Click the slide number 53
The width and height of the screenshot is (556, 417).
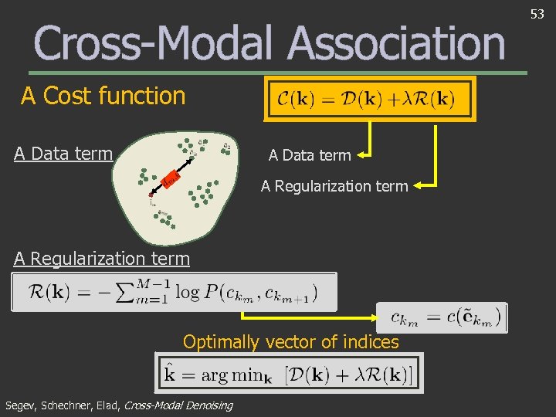(x=538, y=13)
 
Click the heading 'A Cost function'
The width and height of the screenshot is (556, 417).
(x=103, y=97)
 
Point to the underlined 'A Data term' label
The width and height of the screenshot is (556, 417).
(x=63, y=154)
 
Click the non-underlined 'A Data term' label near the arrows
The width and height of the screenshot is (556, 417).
(x=309, y=155)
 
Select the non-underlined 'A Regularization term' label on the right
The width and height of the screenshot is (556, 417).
(x=334, y=185)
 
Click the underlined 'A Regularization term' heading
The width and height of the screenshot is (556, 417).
(x=102, y=259)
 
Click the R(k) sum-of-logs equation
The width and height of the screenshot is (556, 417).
(x=174, y=292)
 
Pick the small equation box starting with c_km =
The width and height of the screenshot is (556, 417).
(x=441, y=317)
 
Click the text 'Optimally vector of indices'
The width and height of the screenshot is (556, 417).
(x=290, y=341)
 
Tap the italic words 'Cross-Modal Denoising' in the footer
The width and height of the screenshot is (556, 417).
(x=178, y=405)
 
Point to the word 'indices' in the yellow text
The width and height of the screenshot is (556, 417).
(x=372, y=341)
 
